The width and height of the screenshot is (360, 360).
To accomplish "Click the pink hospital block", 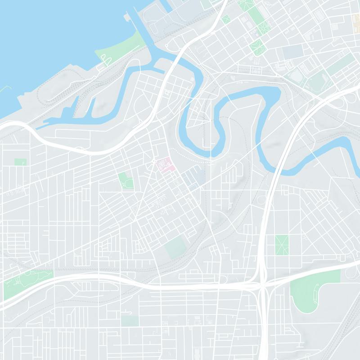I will point(166,165).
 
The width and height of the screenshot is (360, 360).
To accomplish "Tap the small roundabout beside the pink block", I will point(153,162).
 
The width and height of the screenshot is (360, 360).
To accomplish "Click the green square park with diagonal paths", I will point(282,244).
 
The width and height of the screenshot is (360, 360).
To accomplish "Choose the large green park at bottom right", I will point(310,288).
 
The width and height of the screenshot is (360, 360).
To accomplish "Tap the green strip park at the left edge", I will point(27,281).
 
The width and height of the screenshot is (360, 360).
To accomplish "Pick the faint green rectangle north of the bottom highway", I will point(175,247).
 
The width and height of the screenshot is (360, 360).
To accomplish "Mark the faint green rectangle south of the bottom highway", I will point(130,320).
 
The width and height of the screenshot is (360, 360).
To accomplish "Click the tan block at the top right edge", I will point(356,20).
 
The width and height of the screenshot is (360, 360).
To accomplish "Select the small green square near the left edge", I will point(20,162).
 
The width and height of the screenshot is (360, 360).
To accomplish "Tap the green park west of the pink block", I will point(126,180).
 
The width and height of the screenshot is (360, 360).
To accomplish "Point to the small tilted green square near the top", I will point(225,19).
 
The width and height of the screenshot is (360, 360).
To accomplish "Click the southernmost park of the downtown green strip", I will point(257,46).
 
